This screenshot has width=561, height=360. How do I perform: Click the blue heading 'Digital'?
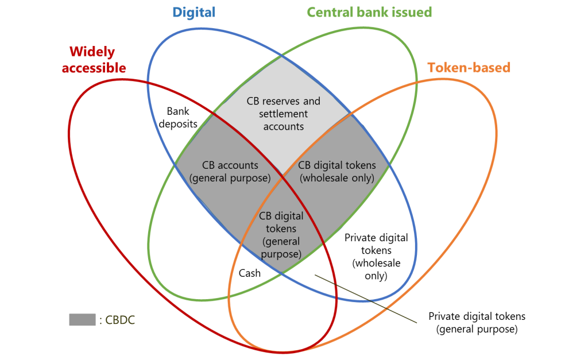coord(194,13)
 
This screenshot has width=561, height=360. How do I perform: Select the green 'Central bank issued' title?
coord(369,12)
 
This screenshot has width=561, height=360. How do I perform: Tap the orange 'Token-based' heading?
coord(469,68)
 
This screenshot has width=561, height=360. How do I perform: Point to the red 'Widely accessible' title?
coord(94,59)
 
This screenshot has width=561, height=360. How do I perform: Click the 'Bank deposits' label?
coord(178,117)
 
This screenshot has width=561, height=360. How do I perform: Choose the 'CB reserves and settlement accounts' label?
coord(283,114)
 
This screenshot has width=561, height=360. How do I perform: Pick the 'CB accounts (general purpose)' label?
coord(230,172)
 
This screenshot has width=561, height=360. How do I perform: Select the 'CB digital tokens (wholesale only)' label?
coord(336,172)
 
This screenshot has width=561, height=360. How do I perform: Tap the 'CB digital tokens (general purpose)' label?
coord(281,235)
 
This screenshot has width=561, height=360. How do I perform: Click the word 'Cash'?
coord(249,273)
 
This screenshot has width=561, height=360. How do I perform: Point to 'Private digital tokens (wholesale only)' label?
coord(376,257)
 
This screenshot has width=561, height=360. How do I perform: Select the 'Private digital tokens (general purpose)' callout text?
coord(477,323)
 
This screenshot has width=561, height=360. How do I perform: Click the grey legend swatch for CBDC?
coord(82,320)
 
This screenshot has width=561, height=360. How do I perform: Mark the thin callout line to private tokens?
coord(366,299)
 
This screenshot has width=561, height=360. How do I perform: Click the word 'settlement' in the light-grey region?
coord(283,114)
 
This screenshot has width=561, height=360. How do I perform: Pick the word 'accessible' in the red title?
coord(94,68)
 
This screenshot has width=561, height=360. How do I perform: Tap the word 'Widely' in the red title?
coord(92,52)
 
